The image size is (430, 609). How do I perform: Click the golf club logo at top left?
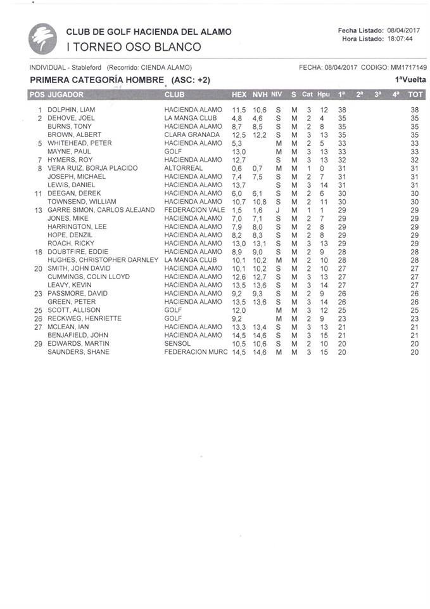(42, 39)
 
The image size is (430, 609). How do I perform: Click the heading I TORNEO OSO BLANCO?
(134, 46)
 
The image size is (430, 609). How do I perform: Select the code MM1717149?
(408, 68)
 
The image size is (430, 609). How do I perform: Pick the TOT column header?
(415, 95)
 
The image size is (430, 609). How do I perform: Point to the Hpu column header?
(324, 95)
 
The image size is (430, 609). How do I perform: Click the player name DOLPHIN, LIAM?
(72, 110)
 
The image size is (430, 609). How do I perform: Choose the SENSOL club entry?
(178, 344)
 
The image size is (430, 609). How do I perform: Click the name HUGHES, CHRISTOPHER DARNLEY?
(103, 260)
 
